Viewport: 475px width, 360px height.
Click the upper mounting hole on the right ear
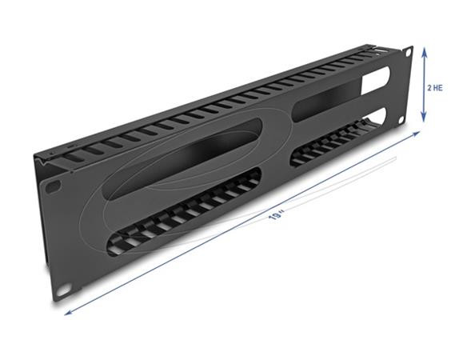(x=406, y=54)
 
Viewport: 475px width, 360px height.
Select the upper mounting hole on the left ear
(x=54, y=185)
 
